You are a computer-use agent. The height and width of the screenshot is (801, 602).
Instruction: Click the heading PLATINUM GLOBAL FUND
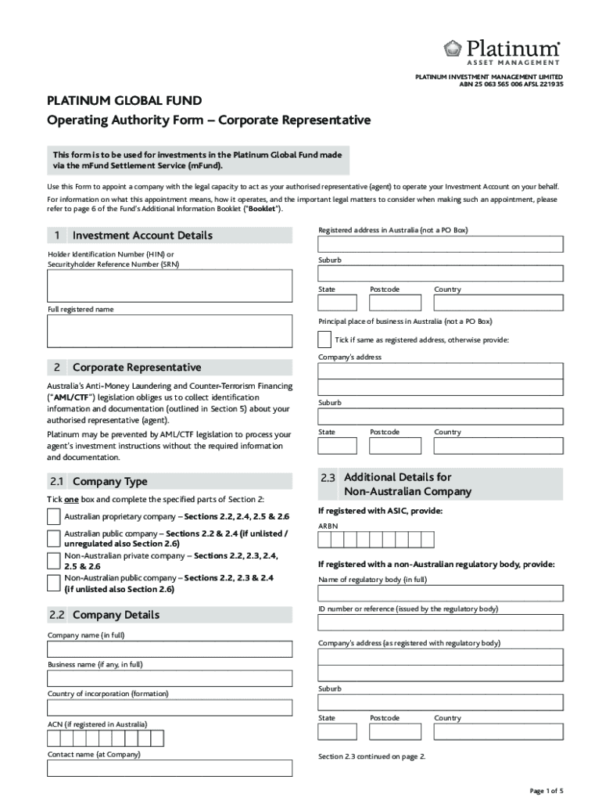pos(124,101)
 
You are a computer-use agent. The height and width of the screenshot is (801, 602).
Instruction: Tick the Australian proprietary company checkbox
pos(53,517)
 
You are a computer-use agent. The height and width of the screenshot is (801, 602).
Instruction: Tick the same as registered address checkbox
pos(324,339)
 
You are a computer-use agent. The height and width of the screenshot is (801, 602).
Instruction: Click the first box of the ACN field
pos(54,738)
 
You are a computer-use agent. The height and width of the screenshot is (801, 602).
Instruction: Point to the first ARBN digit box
pos(324,541)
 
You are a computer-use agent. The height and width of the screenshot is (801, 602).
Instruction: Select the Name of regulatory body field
pos(440,594)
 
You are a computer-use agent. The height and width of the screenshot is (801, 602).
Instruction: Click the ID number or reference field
pos(440,623)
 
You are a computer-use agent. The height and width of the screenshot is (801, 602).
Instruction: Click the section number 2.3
pos(328,477)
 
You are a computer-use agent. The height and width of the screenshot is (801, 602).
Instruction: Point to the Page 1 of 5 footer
pos(546,791)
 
